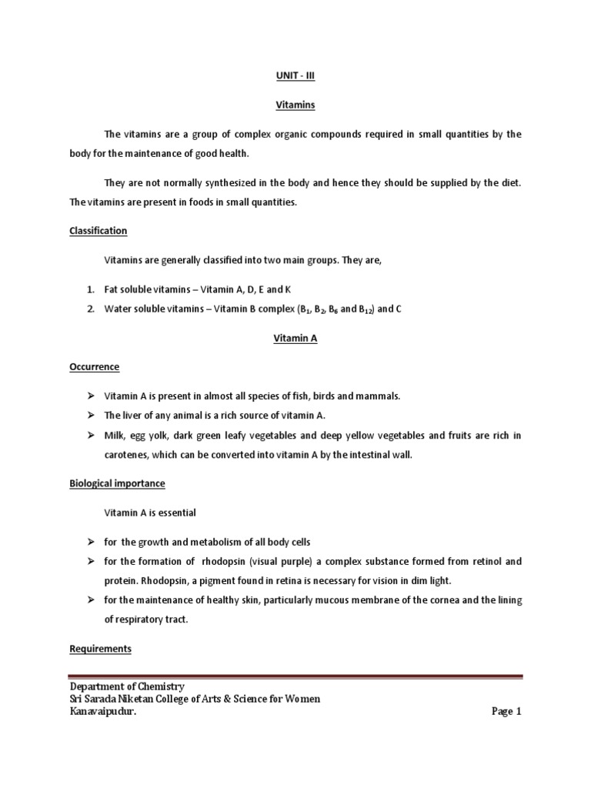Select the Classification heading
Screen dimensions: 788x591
(98, 231)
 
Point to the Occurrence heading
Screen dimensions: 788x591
(94, 366)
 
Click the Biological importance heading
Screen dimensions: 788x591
(117, 483)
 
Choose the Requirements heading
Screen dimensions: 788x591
(100, 649)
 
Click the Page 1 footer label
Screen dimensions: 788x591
(506, 712)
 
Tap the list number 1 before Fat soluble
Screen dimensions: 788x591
(89, 289)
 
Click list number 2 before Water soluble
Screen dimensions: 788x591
(89, 309)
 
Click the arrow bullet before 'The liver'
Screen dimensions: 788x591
(90, 416)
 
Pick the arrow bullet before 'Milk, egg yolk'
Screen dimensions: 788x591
(90, 436)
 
